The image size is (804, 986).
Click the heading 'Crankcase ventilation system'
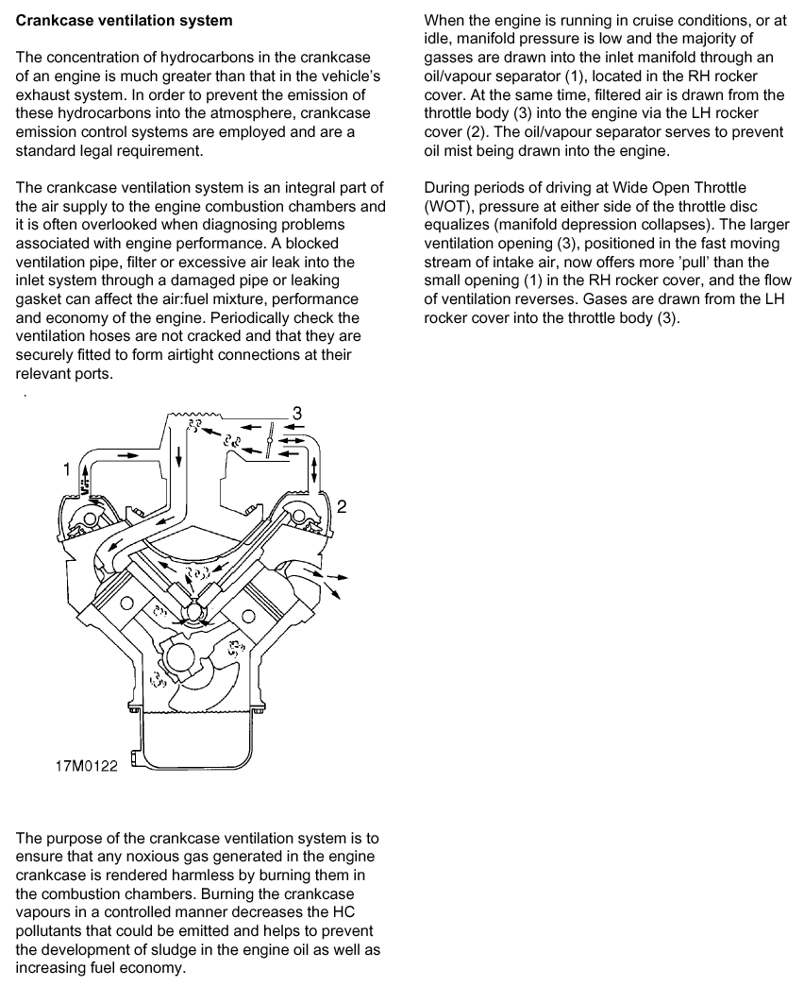pyautogui.click(x=124, y=20)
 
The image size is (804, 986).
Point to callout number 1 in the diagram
pyautogui.click(x=66, y=467)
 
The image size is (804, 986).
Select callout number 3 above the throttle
pyautogui.click(x=297, y=413)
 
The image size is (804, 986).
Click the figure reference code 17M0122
pyautogui.click(x=86, y=767)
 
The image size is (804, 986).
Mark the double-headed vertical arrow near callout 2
pyautogui.click(x=314, y=468)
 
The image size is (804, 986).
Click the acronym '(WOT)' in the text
pyautogui.click(x=449, y=206)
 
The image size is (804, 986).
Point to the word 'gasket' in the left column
pyautogui.click(x=42, y=298)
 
